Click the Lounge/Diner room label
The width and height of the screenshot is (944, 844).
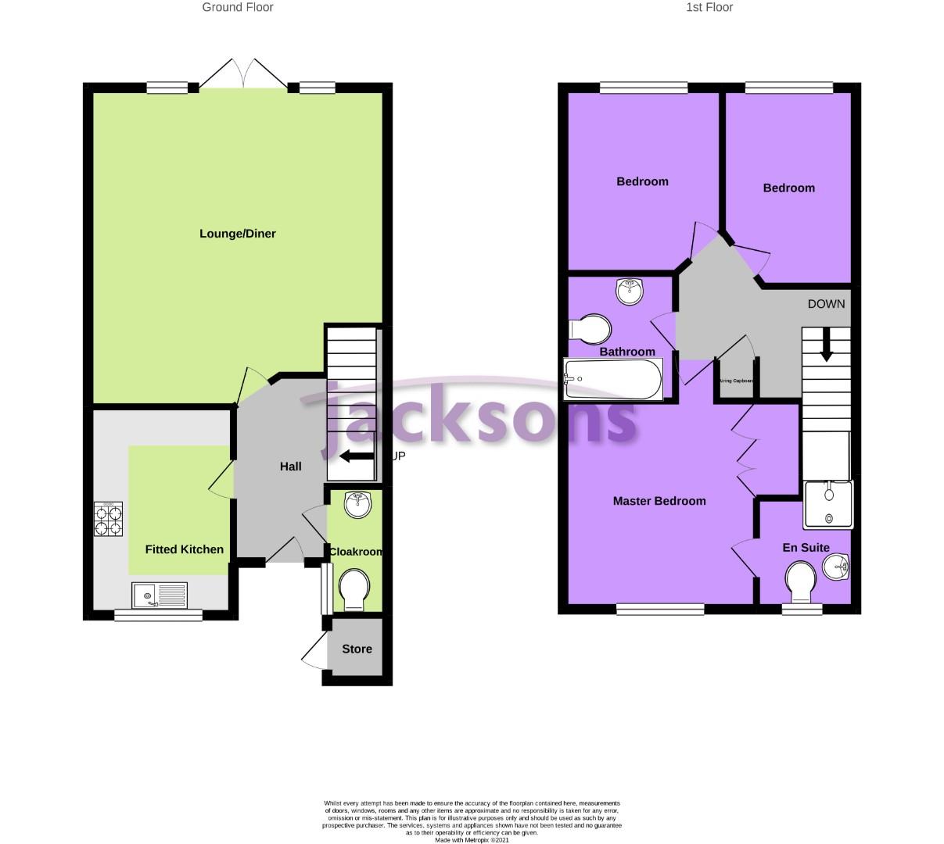click(x=237, y=234)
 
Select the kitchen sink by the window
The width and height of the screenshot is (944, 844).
click(x=160, y=596)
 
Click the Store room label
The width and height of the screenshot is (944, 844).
click(x=357, y=649)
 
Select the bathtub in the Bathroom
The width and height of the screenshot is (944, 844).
click(x=613, y=379)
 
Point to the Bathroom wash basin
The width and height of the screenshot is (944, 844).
click(x=630, y=291)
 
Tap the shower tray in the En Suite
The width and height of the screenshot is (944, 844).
click(x=829, y=504)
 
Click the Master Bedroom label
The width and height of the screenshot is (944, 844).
click(x=659, y=501)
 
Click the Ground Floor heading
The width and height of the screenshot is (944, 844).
click(x=238, y=8)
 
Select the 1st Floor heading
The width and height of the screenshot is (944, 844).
click(x=709, y=8)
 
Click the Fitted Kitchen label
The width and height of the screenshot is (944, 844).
click(x=185, y=549)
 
